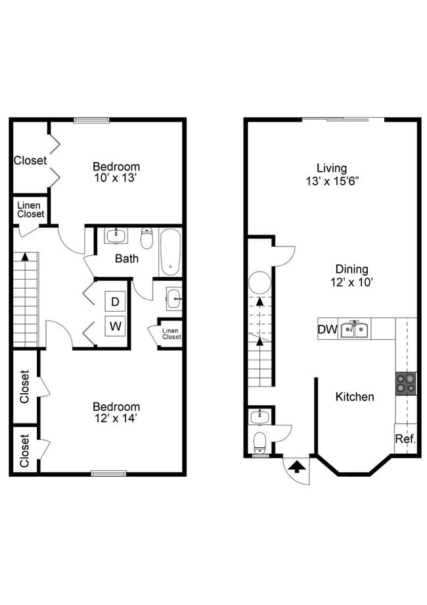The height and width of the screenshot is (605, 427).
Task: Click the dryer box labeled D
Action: [115, 301]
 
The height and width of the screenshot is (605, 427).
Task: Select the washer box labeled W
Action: [115, 326]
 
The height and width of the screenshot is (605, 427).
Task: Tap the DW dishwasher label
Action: [327, 329]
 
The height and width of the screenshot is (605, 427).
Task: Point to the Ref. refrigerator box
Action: [405, 439]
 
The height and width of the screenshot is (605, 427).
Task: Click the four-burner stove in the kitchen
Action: [406, 383]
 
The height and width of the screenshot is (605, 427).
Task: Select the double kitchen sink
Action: [355, 329]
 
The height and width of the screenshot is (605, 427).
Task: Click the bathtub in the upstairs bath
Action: [170, 252]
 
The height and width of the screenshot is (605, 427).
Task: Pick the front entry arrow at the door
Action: [298, 468]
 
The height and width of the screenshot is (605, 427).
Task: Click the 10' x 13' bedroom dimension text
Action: [116, 178]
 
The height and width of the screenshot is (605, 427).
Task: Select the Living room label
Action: [332, 168]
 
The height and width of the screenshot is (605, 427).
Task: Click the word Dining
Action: [351, 270]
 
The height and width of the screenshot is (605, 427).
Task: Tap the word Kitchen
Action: [355, 397]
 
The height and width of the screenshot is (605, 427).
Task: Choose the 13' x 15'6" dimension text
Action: [332, 181]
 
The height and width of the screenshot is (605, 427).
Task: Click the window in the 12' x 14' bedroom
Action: [108, 473]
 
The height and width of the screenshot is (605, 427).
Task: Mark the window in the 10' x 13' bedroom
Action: [91, 120]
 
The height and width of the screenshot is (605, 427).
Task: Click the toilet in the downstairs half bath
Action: [260, 442]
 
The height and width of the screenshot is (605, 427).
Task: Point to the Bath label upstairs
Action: [126, 258]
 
